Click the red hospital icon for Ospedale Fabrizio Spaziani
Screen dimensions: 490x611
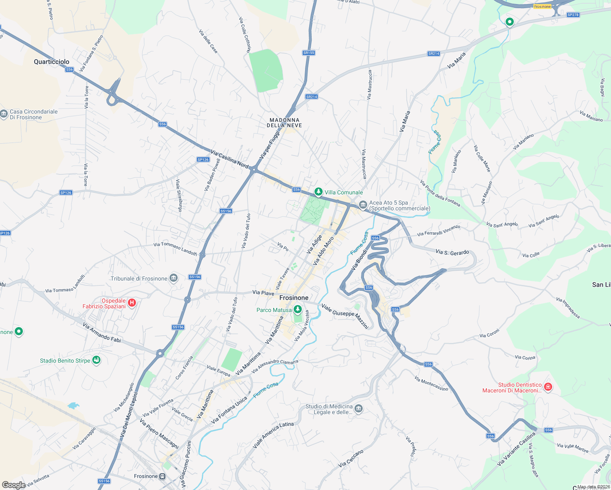[x=132, y=303]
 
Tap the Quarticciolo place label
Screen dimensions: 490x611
[x=51, y=62]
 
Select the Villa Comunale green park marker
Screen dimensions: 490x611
[x=318, y=192]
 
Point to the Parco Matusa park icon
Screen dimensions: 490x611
[x=298, y=310]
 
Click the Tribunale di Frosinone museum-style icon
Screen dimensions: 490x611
[x=174, y=278]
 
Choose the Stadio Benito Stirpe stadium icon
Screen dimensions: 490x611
[x=96, y=360]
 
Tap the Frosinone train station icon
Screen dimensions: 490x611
[x=163, y=476]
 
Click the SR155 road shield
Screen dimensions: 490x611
[x=309, y=53]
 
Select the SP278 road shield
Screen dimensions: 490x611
[x=573, y=15]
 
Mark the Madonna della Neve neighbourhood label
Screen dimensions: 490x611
[x=285, y=123]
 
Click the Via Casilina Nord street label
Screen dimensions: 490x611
[x=230, y=159]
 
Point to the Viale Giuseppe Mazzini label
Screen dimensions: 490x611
[x=345, y=315]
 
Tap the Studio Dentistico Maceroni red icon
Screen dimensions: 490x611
[x=548, y=387]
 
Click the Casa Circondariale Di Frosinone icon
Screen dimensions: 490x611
[x=4, y=114]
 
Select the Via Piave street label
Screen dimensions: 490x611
[x=263, y=293]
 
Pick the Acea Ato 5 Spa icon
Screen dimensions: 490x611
[x=363, y=205]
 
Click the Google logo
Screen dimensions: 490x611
[x=13, y=485]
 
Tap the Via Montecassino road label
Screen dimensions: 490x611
[x=431, y=384]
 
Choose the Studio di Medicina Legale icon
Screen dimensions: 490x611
[x=359, y=409]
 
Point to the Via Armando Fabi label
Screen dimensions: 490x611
[x=102, y=332]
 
